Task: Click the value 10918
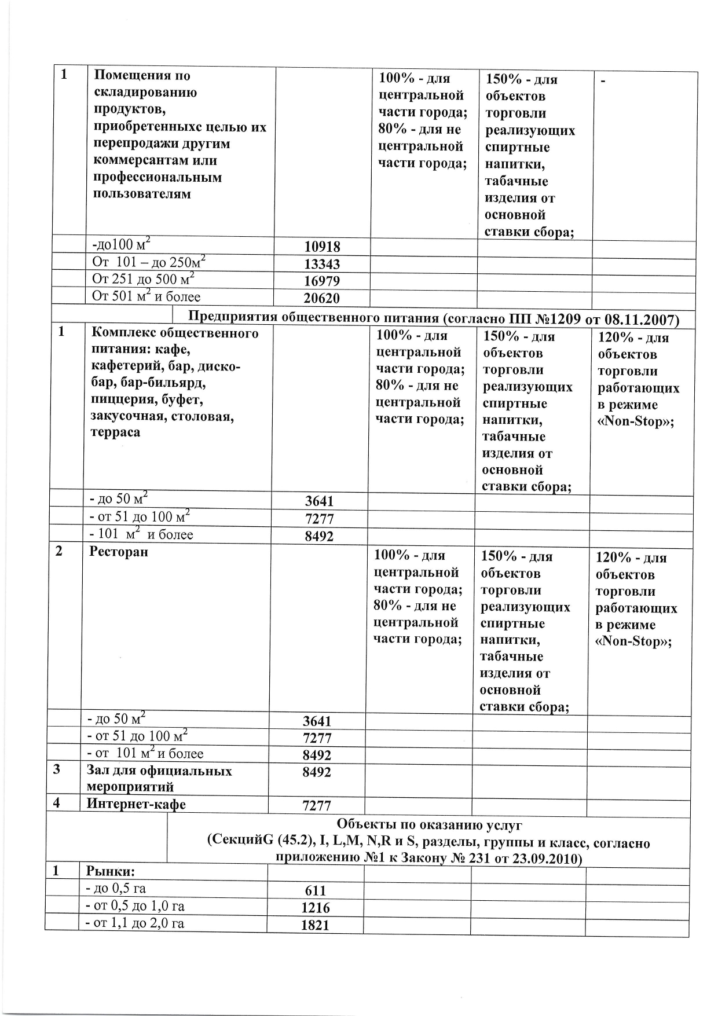coord(322,247)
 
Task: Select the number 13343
coord(322,264)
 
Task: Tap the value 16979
coord(322,281)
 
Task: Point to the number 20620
coord(322,299)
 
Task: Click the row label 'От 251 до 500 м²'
coord(143,280)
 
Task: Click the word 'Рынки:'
coord(110,871)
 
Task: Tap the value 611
coord(315,891)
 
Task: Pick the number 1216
coord(315,908)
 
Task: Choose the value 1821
coord(315,925)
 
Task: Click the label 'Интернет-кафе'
coord(136,804)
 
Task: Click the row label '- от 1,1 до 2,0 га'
coord(134,923)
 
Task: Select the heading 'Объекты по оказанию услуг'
coord(429,824)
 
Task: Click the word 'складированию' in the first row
coord(145,92)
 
